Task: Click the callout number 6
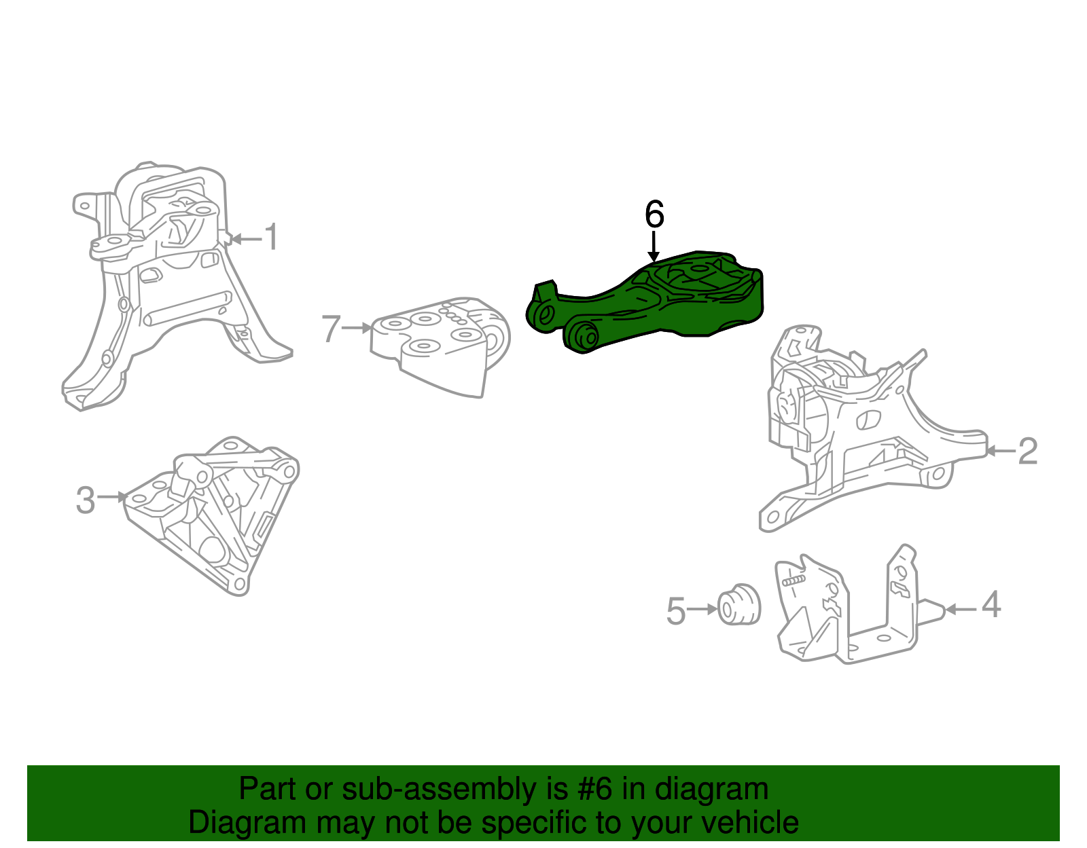[x=654, y=215]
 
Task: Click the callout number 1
[x=271, y=238]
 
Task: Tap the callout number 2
[x=1027, y=451]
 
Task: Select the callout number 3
[x=85, y=500]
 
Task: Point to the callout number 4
[x=991, y=604]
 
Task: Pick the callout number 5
[x=676, y=611]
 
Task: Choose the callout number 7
[x=330, y=329]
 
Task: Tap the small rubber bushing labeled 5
[x=738, y=604]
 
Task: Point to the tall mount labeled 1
[x=170, y=285]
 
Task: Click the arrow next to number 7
[x=357, y=329]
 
